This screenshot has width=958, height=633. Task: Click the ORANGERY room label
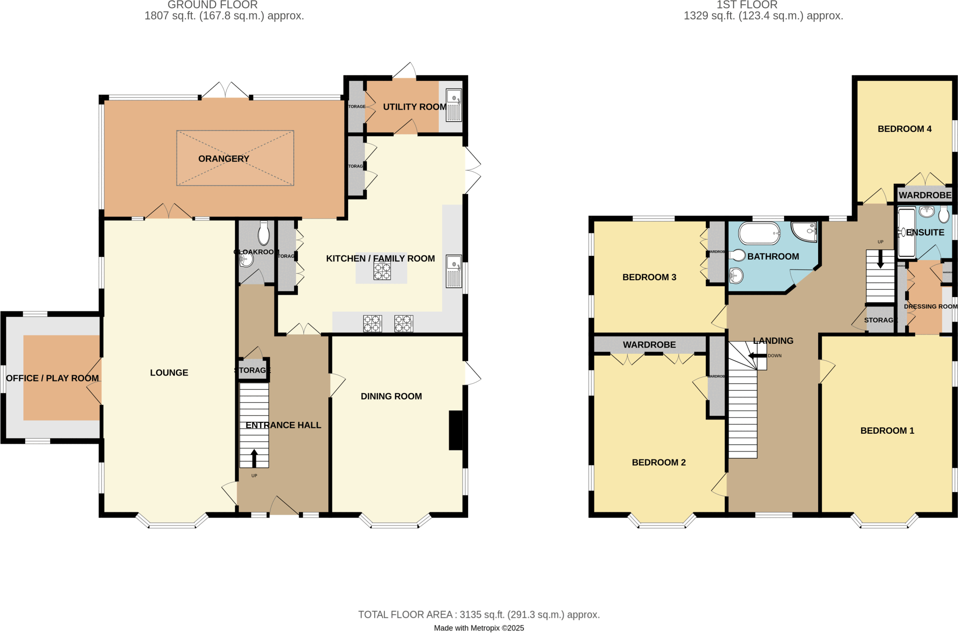click(x=224, y=159)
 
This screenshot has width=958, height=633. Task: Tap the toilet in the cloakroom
click(x=264, y=233)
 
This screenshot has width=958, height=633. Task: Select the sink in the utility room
click(x=454, y=105)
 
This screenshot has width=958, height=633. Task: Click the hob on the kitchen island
click(x=382, y=271)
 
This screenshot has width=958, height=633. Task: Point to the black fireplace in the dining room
click(x=456, y=430)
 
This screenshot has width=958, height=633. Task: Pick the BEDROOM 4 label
click(x=905, y=129)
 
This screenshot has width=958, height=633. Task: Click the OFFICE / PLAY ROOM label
click(x=52, y=378)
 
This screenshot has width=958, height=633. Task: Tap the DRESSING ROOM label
click(x=930, y=306)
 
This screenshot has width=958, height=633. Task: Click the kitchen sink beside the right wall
click(x=454, y=271)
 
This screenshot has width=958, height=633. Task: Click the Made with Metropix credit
click(x=479, y=628)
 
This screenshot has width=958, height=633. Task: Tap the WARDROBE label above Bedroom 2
click(x=649, y=345)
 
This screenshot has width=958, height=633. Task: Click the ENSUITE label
click(x=925, y=233)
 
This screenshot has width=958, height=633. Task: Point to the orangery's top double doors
click(x=226, y=91)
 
